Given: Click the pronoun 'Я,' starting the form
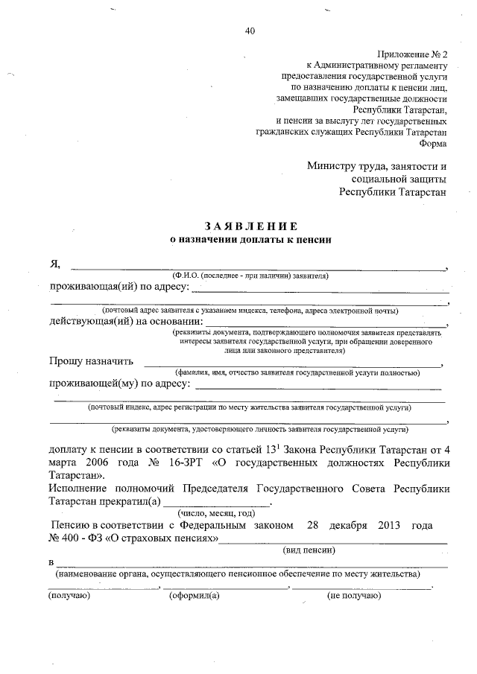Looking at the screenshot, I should pos(54,264).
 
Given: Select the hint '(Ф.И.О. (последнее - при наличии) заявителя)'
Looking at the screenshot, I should pos(250,276).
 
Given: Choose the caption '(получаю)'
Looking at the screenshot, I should pos(69,595).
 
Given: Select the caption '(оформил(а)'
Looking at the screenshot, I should pos(194,595).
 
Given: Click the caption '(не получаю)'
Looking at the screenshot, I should pos(353,595).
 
